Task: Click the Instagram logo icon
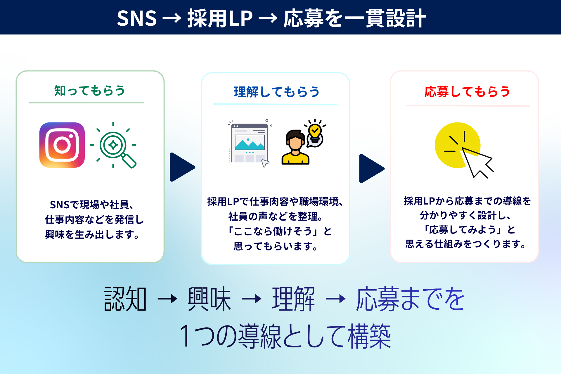tap(62, 145)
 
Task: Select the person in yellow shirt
tap(295, 147)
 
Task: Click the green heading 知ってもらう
tap(90, 91)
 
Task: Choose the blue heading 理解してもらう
tap(276, 92)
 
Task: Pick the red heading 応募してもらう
tap(467, 92)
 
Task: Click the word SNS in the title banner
tap(137, 18)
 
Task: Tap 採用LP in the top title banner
tap(220, 18)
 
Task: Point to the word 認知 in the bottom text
tap(125, 299)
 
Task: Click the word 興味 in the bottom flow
tap(209, 299)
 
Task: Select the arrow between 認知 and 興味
tap(167, 299)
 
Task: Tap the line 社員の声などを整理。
tap(276, 217)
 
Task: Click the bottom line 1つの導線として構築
tap(285, 336)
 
